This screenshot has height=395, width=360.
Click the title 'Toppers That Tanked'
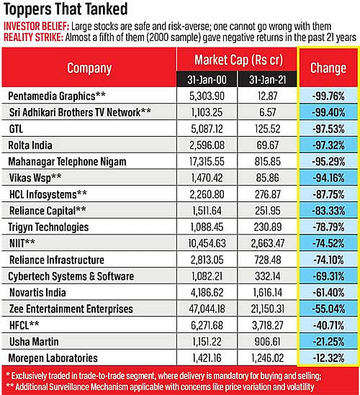(66, 9)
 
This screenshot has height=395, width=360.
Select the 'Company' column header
(89, 68)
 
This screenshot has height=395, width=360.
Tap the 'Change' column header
(328, 68)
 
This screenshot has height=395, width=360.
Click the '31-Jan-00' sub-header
(207, 80)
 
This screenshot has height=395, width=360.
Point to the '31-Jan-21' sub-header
(267, 80)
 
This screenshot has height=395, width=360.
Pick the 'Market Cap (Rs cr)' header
(239, 60)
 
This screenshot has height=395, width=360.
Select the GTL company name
(16, 129)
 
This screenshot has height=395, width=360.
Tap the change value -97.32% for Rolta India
(328, 145)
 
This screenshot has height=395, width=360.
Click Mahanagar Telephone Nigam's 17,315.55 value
(207, 162)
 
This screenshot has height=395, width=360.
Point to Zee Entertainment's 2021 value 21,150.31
(267, 309)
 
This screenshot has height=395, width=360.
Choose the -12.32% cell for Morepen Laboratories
(328, 358)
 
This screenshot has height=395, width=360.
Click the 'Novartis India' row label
(37, 293)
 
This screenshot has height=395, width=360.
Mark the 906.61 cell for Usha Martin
(267, 342)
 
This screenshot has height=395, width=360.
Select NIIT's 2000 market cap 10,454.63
(207, 243)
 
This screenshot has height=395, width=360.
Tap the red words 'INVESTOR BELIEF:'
(36, 27)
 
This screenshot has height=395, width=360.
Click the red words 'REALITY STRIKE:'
(33, 37)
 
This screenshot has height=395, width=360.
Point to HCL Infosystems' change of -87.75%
(328, 194)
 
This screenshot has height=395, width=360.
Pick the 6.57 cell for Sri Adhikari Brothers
(267, 113)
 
